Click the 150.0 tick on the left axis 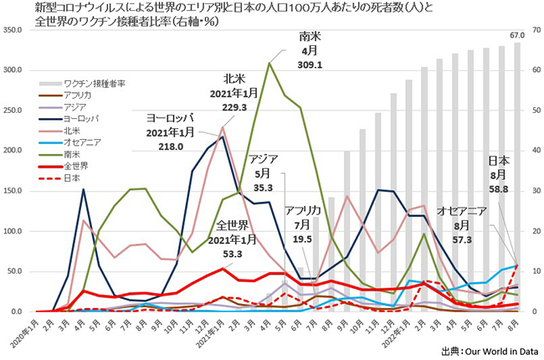16,191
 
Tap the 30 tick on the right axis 532,191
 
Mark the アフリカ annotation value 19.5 302,239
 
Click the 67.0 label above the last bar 516,35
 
